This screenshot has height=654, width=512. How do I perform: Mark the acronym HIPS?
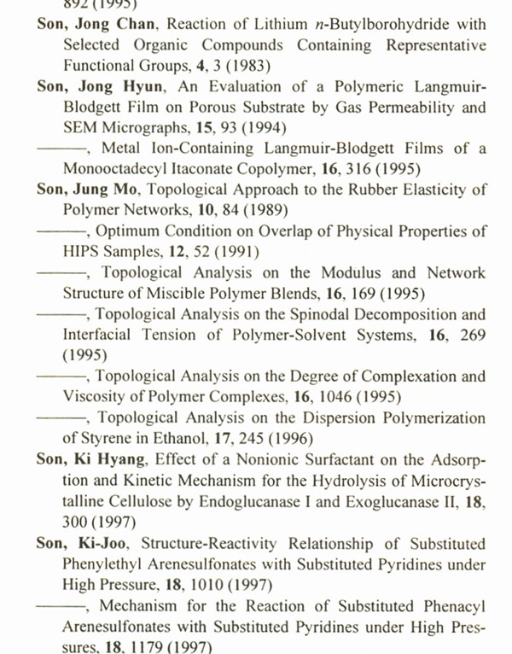(x=82, y=252)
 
